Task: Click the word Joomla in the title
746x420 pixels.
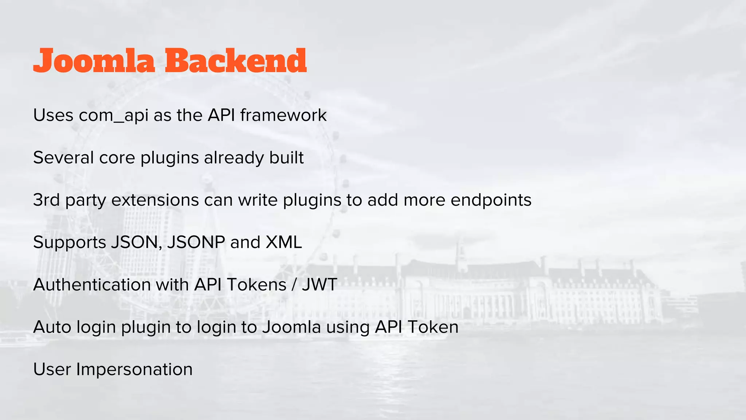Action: coord(94,61)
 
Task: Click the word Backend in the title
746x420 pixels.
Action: coord(236,61)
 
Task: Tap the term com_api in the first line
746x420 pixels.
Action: coord(113,116)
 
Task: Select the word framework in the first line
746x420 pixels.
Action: coord(283,116)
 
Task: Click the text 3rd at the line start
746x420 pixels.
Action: coord(46,200)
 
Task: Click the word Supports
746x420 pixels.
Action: coord(69,243)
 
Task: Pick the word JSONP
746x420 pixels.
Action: coord(196,242)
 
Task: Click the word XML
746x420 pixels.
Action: coord(284,242)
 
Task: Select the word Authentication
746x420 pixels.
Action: coord(92,285)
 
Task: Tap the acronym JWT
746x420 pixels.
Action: coord(319,285)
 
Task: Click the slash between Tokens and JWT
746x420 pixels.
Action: coord(294,285)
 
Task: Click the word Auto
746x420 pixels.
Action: coord(52,327)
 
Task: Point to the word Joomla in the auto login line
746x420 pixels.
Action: coord(291,327)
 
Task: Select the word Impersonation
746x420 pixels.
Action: coord(134,369)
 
